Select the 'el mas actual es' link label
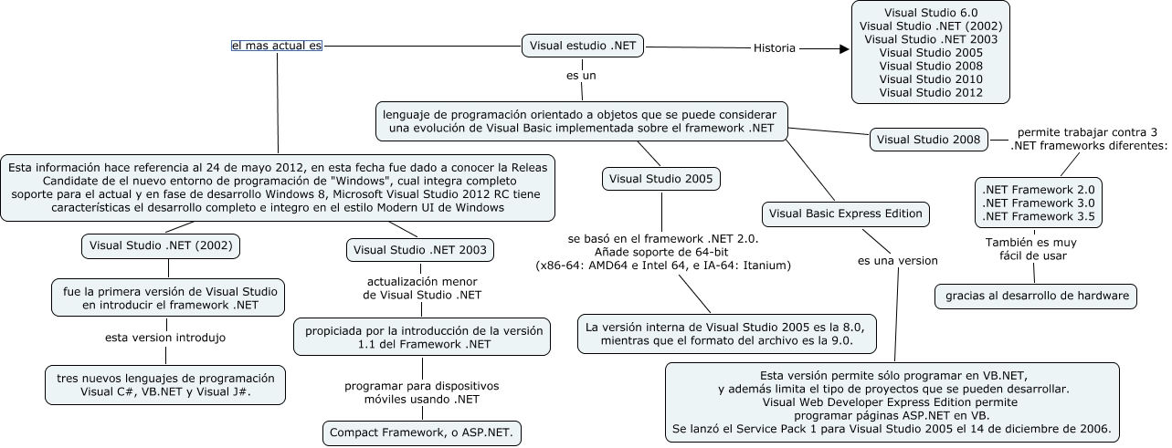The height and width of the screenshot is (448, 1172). [x=277, y=45]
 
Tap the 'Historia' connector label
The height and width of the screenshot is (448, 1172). [x=774, y=48]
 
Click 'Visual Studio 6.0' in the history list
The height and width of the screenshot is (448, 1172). [x=931, y=13]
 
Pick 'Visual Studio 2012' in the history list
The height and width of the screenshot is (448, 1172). [x=931, y=92]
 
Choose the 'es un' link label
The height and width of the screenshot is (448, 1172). [x=581, y=75]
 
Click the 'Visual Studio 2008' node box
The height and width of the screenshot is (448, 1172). [x=928, y=140]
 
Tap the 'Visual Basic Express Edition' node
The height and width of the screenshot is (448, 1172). [x=846, y=214]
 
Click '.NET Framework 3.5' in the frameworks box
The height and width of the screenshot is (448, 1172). [x=1038, y=217]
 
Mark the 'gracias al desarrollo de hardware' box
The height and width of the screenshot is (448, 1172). [x=1036, y=296]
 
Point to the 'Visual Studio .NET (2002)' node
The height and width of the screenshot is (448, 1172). [x=166, y=245]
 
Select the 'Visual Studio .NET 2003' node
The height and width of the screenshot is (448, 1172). [x=421, y=249]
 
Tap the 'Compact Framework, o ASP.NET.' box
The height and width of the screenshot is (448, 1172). [x=421, y=432]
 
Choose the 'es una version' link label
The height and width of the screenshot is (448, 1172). [x=897, y=261]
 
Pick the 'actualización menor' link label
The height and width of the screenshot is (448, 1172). [x=421, y=287]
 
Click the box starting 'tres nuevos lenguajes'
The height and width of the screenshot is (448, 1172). [x=165, y=384]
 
